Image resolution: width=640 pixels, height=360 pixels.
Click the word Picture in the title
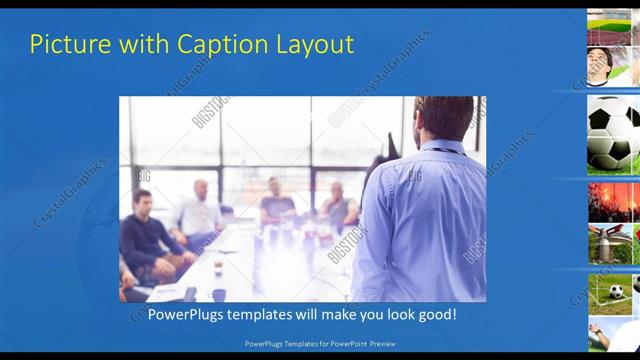coord(65,44)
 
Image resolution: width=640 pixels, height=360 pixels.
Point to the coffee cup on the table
coord(218,267)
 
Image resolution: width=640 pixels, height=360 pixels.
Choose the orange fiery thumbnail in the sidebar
coord(612,201)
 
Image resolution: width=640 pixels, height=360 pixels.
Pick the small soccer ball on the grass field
coord(617,291)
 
